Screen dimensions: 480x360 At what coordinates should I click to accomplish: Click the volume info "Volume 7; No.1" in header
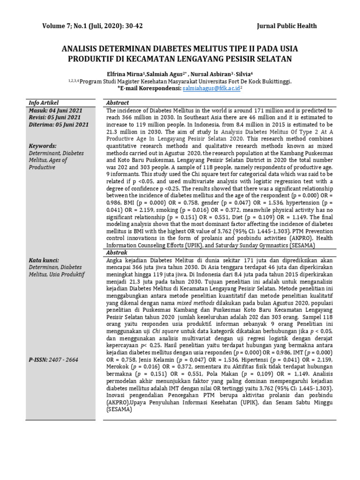click(x=69, y=26)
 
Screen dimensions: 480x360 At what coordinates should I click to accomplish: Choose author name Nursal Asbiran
click(x=211, y=74)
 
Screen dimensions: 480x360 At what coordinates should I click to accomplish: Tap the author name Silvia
click(x=245, y=74)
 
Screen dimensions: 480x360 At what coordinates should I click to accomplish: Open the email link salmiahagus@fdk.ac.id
click(x=212, y=88)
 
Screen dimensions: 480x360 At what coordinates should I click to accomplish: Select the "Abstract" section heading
click(x=117, y=103)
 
